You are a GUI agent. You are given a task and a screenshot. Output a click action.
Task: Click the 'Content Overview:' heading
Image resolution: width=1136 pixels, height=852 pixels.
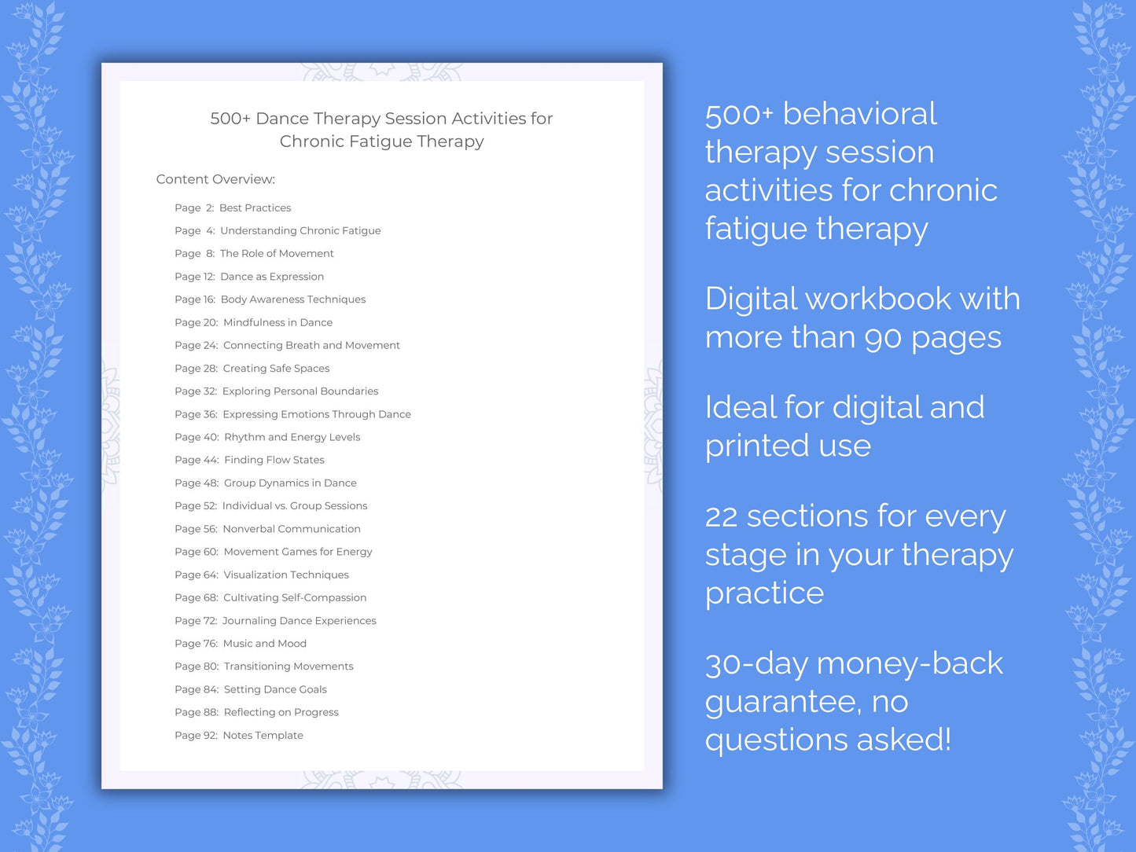pyautogui.click(x=215, y=179)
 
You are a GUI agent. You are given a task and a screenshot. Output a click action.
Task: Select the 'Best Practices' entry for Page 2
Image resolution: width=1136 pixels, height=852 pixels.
pyautogui.click(x=255, y=208)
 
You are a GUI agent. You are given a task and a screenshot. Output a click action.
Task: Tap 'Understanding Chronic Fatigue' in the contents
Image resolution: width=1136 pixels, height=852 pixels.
pyautogui.click(x=300, y=231)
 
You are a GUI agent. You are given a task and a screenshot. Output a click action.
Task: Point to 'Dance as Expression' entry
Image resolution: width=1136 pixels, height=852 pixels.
pyautogui.click(x=272, y=277)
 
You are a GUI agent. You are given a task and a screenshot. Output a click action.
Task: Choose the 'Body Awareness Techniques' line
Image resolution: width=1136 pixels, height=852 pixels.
pyautogui.click(x=293, y=299)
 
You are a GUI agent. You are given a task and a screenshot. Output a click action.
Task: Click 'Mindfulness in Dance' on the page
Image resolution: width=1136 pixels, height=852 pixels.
pyautogui.click(x=278, y=322)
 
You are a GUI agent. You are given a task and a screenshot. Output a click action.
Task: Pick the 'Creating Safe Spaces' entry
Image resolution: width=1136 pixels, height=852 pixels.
pyautogui.click(x=276, y=369)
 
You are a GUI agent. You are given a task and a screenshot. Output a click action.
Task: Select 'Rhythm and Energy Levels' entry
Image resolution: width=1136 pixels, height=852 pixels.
pyautogui.click(x=292, y=437)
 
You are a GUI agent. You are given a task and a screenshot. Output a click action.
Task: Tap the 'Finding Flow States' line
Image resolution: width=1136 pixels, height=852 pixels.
pyautogui.click(x=274, y=460)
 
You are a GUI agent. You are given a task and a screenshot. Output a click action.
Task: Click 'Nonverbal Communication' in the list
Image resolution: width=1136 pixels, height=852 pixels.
pyautogui.click(x=292, y=529)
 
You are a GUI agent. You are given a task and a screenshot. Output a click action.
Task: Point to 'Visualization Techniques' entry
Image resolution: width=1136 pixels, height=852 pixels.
pyautogui.click(x=286, y=575)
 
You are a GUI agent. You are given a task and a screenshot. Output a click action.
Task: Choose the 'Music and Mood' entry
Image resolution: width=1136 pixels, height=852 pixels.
pyautogui.click(x=265, y=644)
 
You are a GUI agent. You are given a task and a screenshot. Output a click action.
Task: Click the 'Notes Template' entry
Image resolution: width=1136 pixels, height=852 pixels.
pyautogui.click(x=263, y=736)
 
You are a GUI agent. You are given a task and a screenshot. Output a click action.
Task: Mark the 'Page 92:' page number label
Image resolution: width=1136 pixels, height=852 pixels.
pyautogui.click(x=196, y=736)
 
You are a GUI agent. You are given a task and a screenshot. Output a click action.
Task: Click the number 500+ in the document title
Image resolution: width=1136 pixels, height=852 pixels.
pyautogui.click(x=230, y=119)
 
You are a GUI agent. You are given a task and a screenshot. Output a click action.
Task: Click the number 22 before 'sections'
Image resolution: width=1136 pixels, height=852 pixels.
pyautogui.click(x=721, y=517)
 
